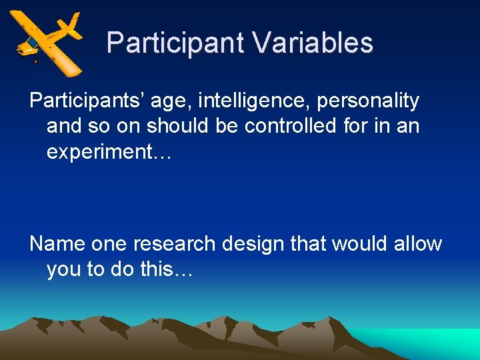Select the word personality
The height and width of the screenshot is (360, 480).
368,101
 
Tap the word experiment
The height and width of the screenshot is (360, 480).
103,153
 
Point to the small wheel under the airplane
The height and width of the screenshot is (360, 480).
35,61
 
